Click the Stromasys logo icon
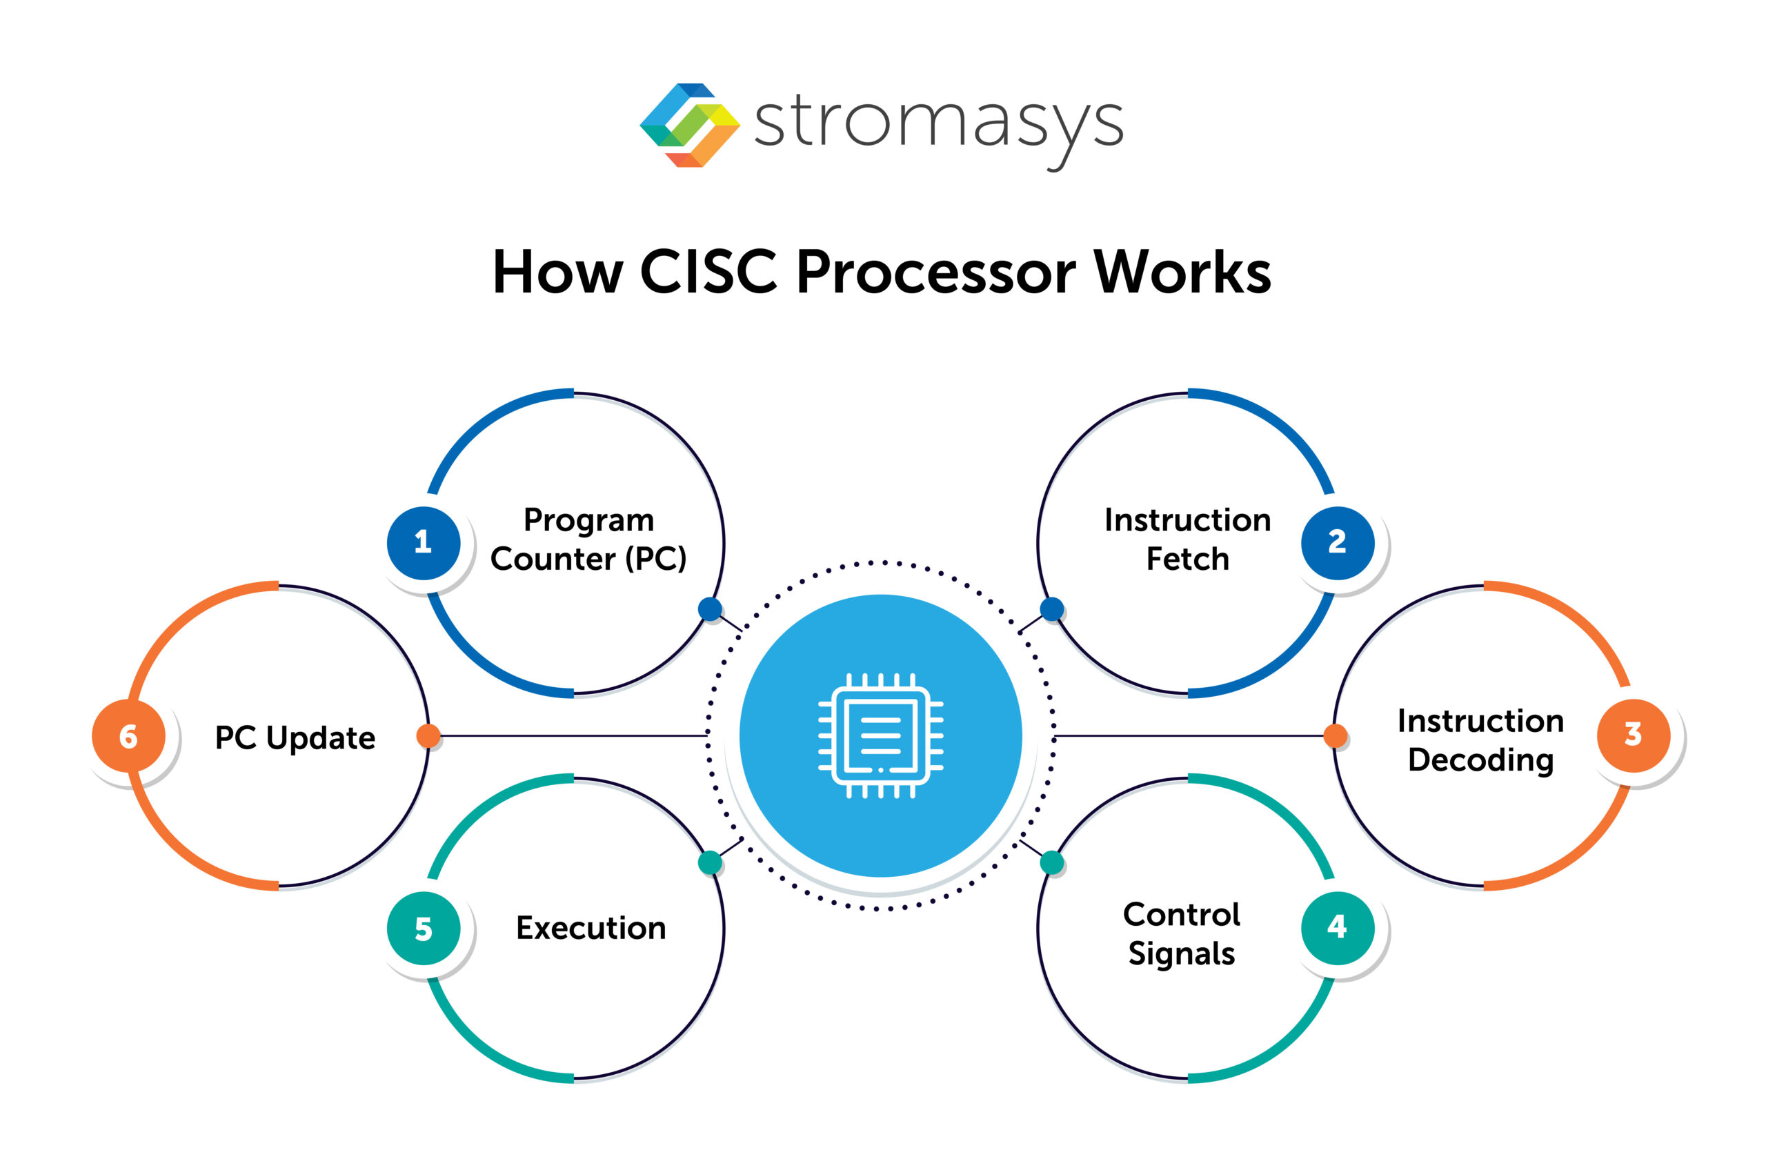689,125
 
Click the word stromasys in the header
939,122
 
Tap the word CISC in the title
708,272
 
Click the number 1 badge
424,542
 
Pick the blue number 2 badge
1337,542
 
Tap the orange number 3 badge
1633,735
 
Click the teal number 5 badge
424,929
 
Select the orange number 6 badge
128,736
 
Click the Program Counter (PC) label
588,539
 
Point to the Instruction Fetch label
1187,539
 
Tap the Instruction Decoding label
1480,740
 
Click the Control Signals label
1181,933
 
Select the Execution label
591,929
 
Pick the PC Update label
295,737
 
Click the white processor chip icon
881,735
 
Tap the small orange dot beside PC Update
428,735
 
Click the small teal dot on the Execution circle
710,862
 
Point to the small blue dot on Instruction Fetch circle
1051,609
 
